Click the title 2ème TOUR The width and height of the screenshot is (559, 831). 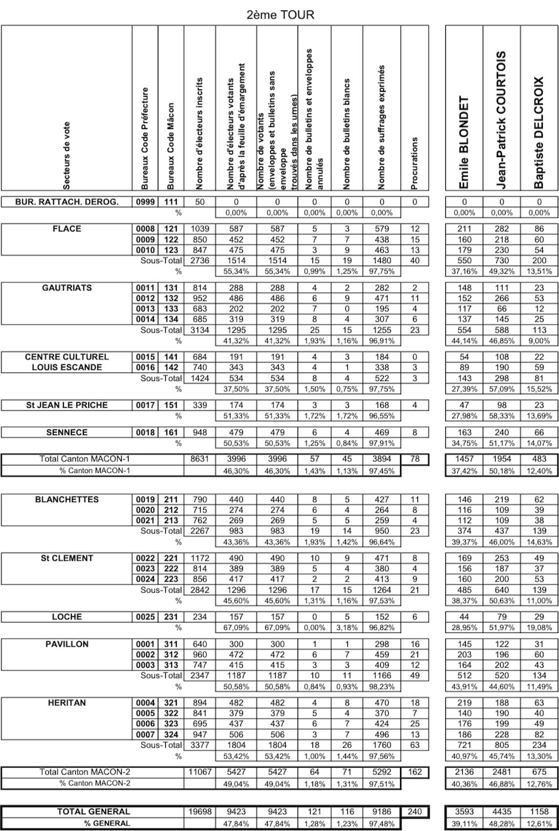279,14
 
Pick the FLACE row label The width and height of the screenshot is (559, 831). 67,229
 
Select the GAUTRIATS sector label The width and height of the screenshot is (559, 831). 67,288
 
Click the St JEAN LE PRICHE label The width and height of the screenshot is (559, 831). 67,405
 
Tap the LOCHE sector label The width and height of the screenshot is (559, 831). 67,617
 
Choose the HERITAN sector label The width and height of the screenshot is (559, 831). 67,703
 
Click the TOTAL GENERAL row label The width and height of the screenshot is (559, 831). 94,811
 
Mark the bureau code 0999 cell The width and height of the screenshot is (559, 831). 145,202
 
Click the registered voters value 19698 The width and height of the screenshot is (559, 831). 199,811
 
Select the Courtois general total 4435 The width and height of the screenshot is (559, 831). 502,811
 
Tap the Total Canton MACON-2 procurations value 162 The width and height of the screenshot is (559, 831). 415,772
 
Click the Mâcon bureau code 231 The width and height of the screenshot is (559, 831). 170,617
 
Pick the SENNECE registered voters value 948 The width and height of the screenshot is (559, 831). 199,433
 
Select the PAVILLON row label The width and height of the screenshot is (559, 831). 67,644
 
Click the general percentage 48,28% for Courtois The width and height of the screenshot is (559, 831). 502,824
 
